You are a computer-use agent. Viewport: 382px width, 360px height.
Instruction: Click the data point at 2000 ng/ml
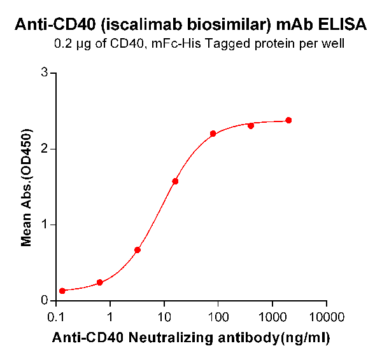(288, 120)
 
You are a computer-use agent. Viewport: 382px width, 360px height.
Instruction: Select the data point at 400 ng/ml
(251, 125)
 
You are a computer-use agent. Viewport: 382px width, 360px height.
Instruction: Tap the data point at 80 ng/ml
(213, 134)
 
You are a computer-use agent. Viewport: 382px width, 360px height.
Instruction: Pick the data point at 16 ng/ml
(175, 181)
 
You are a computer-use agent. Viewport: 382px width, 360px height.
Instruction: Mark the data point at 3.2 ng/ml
(138, 250)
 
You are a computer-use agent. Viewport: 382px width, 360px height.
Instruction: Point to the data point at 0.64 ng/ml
(99, 282)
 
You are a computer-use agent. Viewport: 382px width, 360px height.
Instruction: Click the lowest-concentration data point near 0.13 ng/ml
(62, 291)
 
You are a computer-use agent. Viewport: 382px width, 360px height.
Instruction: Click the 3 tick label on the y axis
(45, 73)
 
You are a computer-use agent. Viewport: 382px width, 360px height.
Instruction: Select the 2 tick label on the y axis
(45, 149)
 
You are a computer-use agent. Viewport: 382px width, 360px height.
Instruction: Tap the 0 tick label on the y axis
(45, 300)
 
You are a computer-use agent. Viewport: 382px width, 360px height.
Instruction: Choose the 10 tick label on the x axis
(164, 316)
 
